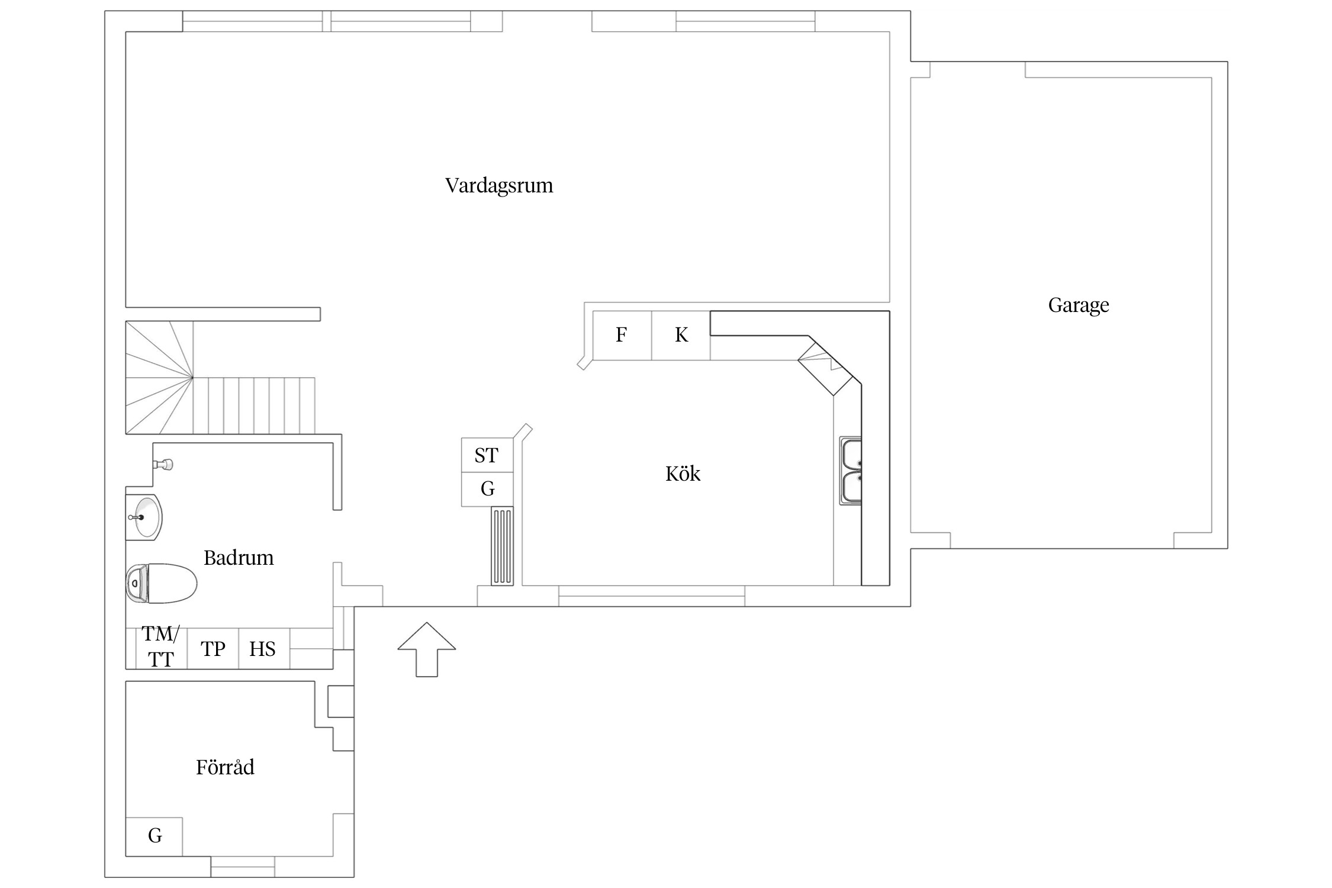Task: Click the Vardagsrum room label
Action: click(x=499, y=185)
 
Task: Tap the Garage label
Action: click(x=1078, y=305)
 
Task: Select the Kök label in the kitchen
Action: click(x=683, y=474)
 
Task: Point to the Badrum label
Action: click(x=239, y=558)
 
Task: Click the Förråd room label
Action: click(x=225, y=767)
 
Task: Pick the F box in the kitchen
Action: click(x=622, y=335)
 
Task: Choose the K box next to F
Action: click(x=681, y=335)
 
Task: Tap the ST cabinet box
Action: click(x=487, y=455)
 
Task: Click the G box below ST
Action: click(x=487, y=489)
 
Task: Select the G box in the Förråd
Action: click(x=155, y=836)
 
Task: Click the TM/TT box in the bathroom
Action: click(x=161, y=648)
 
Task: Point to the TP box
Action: click(x=213, y=649)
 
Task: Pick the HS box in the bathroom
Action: click(x=263, y=649)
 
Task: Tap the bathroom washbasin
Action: click(x=144, y=517)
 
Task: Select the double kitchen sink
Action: click(x=851, y=471)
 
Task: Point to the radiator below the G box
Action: click(x=502, y=546)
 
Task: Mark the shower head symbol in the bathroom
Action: click(x=165, y=464)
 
